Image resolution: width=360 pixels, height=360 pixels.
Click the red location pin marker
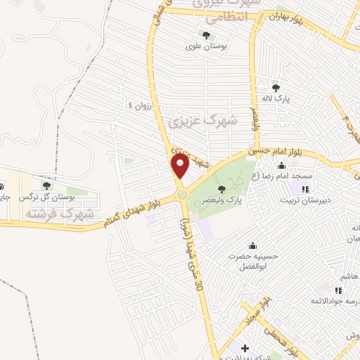[180, 166]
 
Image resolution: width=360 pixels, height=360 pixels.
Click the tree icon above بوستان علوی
[205, 34]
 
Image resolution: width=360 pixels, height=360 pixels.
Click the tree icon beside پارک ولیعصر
[222, 188]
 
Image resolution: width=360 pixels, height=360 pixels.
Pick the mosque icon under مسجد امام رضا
[306, 189]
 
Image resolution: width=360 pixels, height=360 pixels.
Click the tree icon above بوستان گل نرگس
[46, 186]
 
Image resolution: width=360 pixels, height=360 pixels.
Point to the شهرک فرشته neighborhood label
[49, 212]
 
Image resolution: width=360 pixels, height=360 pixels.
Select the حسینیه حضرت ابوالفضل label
[252, 262]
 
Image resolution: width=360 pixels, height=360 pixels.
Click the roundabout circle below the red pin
[182, 195]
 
